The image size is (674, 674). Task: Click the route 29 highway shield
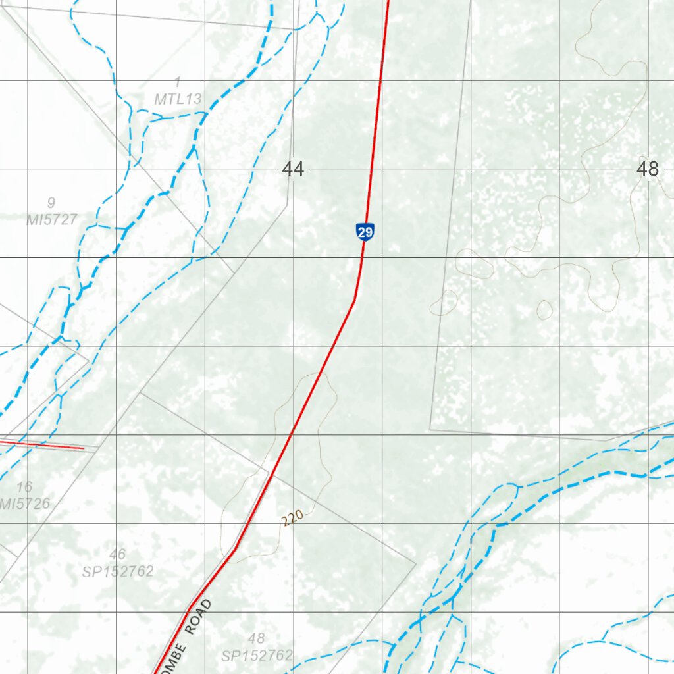coord(365,232)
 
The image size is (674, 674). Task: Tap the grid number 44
coord(293,169)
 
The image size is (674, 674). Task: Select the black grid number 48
coord(648,169)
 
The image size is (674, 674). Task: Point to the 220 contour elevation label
coord(291,519)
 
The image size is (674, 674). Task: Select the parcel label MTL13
coord(178,99)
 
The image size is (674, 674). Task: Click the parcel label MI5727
coord(52,219)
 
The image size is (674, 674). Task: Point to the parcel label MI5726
coord(25,504)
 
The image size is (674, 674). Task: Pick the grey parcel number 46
coord(118,554)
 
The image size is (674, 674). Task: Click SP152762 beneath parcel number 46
coord(118,571)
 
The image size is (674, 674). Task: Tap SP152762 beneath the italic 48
coord(257,656)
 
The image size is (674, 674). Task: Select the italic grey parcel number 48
coord(257,638)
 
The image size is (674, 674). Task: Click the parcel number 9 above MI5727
coord(51,203)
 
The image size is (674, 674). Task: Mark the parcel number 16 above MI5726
coord(24,487)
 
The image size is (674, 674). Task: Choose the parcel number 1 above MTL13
coord(177,82)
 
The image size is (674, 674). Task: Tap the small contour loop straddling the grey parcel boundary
coord(444,302)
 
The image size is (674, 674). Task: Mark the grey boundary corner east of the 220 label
coord(416,563)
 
